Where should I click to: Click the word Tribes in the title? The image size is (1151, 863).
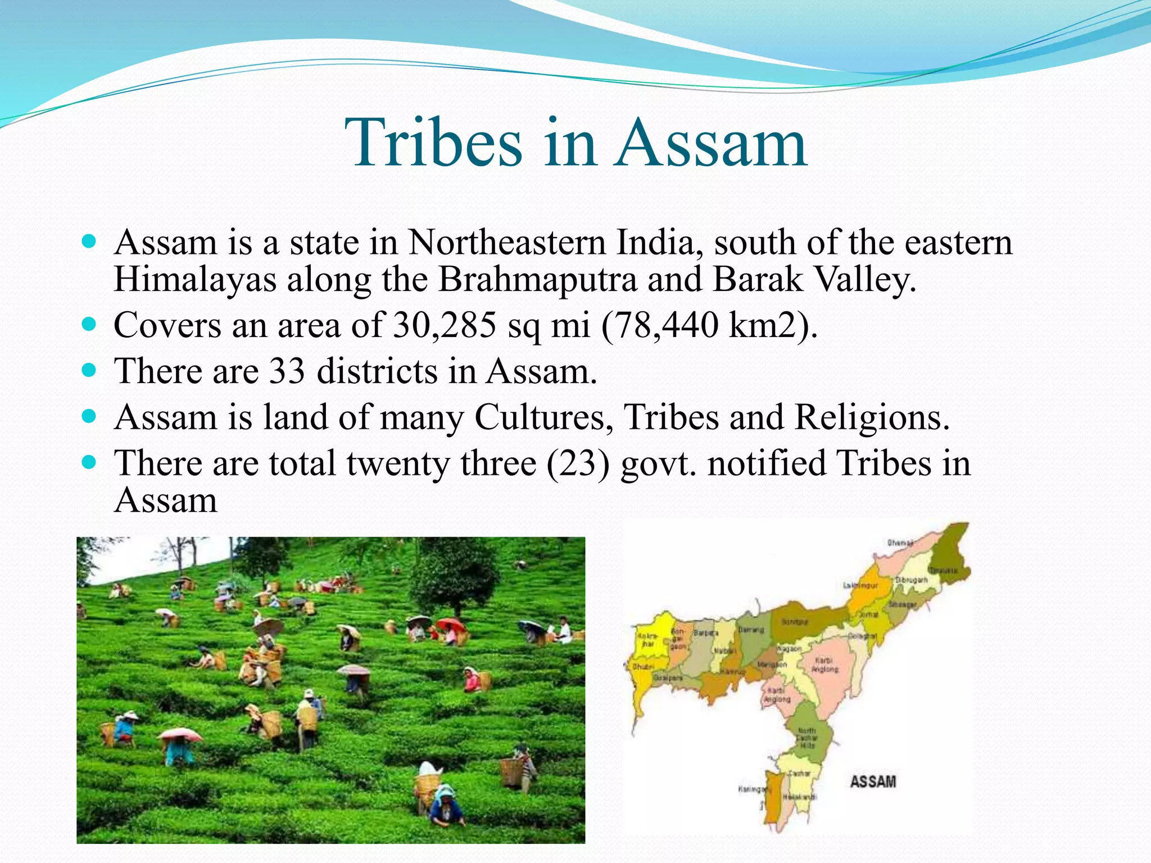point(433,143)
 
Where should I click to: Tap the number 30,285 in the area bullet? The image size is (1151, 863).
point(445,325)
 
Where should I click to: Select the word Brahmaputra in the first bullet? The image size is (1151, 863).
point(537,279)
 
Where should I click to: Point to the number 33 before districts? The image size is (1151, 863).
point(287,371)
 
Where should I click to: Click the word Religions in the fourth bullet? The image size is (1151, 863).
point(872,417)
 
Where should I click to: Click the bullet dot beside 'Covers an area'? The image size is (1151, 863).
point(89,324)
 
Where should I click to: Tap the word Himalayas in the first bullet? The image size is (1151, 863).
point(194,279)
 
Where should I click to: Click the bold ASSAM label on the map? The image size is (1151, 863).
point(872,782)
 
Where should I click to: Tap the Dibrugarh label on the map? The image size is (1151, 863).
point(911,579)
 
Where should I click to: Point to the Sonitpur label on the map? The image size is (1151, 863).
point(795,622)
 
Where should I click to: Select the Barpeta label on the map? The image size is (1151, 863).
point(706,633)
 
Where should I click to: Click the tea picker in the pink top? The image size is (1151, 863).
point(471,681)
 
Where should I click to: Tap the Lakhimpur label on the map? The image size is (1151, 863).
point(860,585)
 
